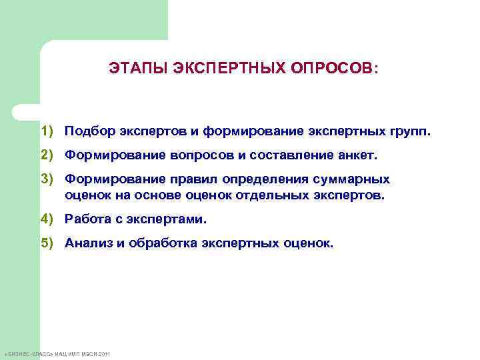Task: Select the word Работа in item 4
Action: point(86,219)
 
